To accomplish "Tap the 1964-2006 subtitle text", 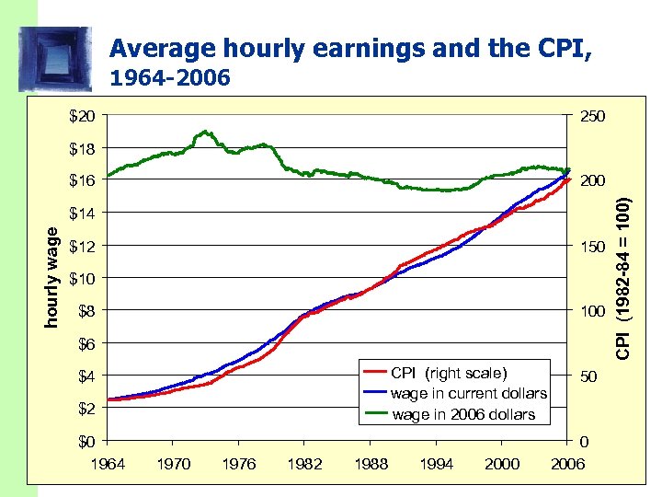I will [169, 79].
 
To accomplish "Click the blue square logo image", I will [55, 58].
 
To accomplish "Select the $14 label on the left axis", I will [83, 213].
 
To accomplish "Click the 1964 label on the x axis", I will [108, 464].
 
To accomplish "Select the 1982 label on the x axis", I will [304, 464].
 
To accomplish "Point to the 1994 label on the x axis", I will [436, 464].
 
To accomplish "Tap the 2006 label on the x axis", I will [566, 464].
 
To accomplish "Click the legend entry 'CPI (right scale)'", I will [448, 373].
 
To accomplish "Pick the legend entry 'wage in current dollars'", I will [468, 393].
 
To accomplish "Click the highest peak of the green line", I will [205, 132].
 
